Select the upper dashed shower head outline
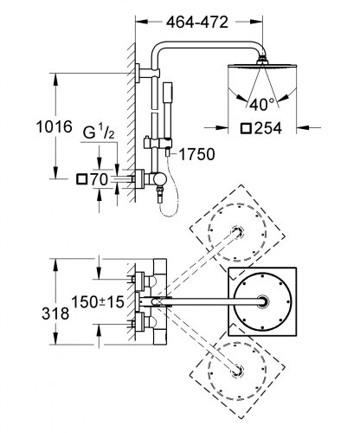coord(236,228)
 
